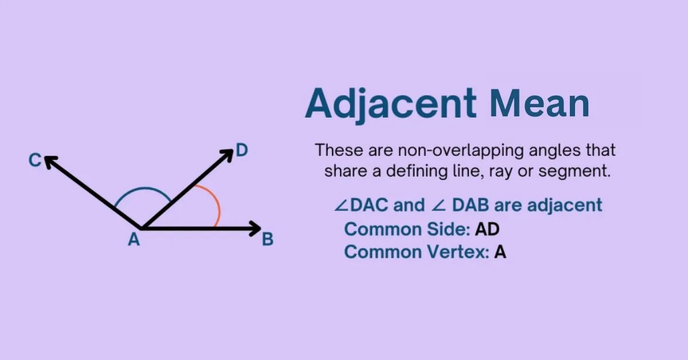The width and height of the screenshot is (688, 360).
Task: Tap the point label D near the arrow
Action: [242, 151]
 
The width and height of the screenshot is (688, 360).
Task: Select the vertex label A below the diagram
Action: [134, 240]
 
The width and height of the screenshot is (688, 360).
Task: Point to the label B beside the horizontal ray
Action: [268, 240]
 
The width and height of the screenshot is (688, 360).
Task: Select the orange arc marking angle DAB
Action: [214, 204]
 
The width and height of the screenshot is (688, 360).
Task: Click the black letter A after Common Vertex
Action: [500, 252]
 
